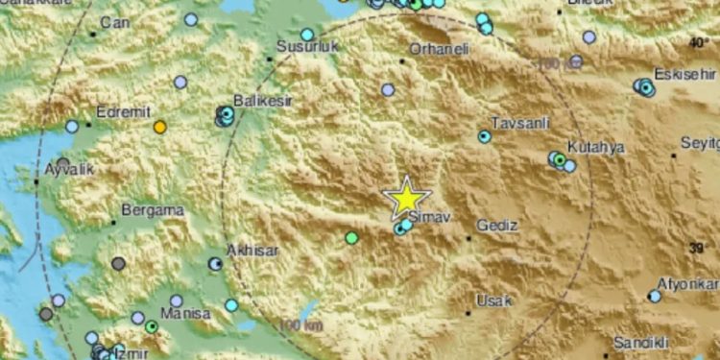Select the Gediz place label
(500, 226)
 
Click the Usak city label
(494, 300)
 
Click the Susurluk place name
(302, 46)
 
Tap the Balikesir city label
(262, 100)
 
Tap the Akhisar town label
(252, 250)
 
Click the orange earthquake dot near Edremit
(160, 127)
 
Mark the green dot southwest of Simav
(352, 237)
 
